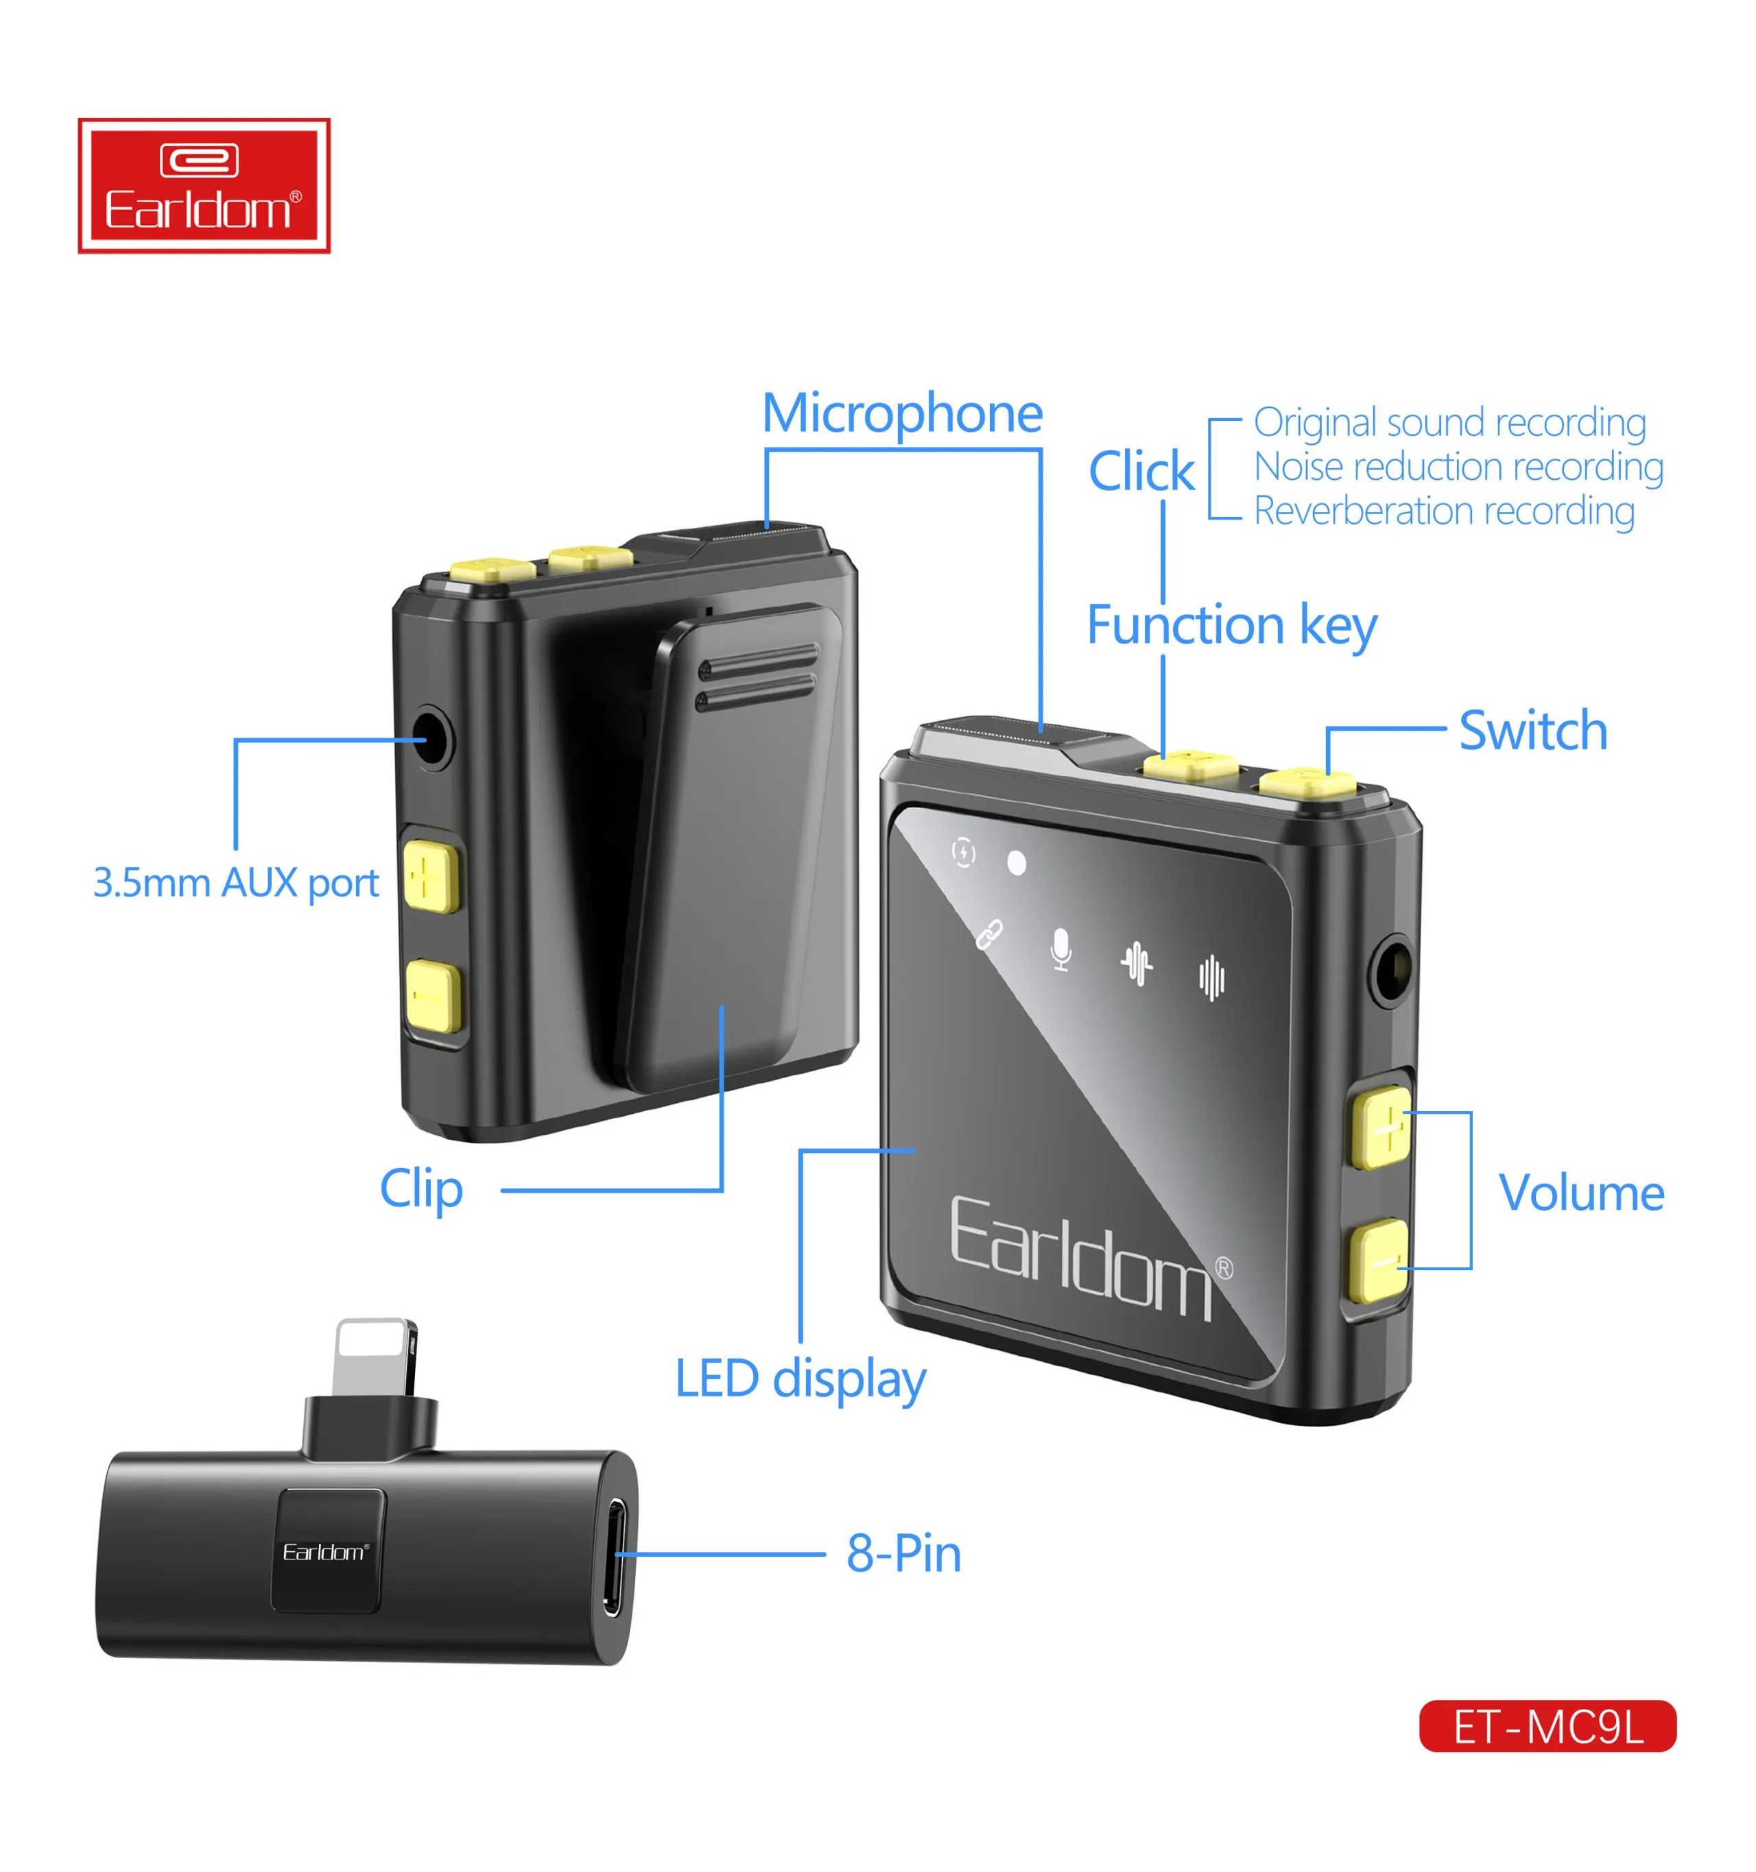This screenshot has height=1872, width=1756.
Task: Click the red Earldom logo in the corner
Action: coord(204,186)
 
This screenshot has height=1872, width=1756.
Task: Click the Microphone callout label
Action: coord(901,413)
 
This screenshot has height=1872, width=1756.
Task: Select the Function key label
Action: coord(1231,625)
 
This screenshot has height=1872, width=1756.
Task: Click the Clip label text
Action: coord(421,1189)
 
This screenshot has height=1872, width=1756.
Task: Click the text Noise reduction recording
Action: coord(1458,466)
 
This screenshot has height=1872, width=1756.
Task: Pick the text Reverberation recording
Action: coord(1443,511)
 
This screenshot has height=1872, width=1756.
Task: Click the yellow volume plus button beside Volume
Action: coord(1381,1126)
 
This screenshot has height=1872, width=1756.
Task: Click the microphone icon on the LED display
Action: coord(1060,949)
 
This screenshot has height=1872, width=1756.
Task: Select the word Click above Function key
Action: coord(1141,471)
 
